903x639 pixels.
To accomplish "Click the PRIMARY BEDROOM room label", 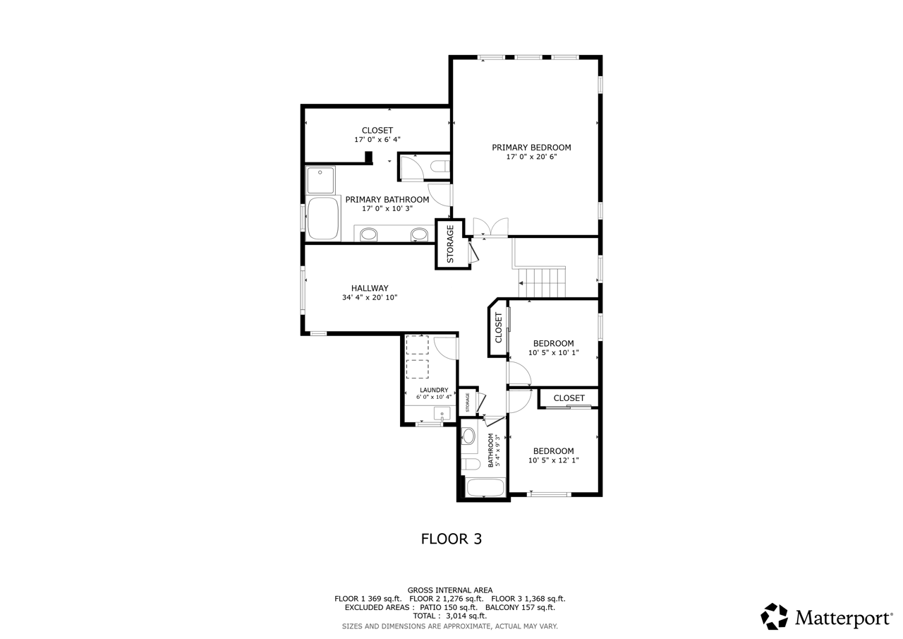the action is pyautogui.click(x=531, y=148).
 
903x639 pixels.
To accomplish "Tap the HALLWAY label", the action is pyautogui.click(x=370, y=288).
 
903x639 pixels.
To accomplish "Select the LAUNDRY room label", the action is pyautogui.click(x=434, y=390).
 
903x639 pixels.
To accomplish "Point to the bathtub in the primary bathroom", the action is pyautogui.click(x=323, y=219).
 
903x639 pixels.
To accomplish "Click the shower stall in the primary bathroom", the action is pyautogui.click(x=320, y=180).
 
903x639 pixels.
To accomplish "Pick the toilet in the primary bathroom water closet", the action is pyautogui.click(x=440, y=166).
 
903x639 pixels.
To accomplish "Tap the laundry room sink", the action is pyautogui.click(x=442, y=414).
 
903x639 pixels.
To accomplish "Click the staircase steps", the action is pyautogui.click(x=542, y=282).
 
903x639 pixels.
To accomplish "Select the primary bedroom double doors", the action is pyautogui.click(x=490, y=227).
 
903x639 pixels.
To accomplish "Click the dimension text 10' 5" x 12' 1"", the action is pyautogui.click(x=554, y=460).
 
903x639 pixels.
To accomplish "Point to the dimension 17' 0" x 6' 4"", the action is pyautogui.click(x=377, y=140).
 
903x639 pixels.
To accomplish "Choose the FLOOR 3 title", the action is pyautogui.click(x=451, y=539).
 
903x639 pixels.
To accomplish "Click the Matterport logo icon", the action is pyautogui.click(x=774, y=616).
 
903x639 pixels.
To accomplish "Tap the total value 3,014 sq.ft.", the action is pyautogui.click(x=466, y=616).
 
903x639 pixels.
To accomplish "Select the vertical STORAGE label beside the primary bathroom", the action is pyautogui.click(x=451, y=244).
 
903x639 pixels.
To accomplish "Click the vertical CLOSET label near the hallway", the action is pyautogui.click(x=498, y=328).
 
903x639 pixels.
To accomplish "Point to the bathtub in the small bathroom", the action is pyautogui.click(x=485, y=487).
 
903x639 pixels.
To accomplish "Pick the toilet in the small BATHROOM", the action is pyautogui.click(x=471, y=465).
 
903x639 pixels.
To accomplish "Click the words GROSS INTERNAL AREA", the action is pyautogui.click(x=450, y=590).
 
